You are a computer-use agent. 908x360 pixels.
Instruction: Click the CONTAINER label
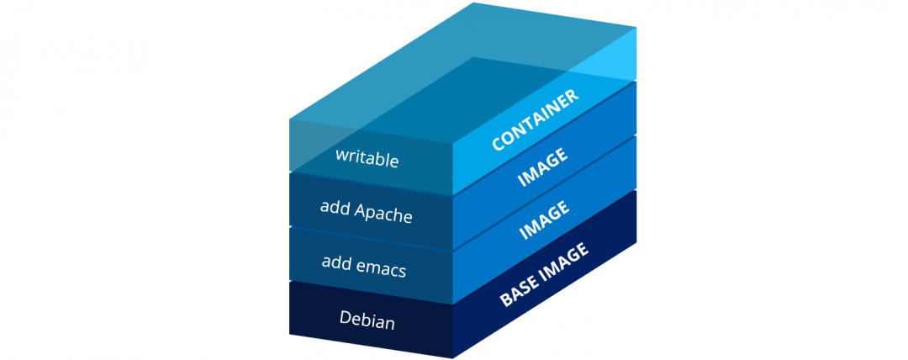point(536,119)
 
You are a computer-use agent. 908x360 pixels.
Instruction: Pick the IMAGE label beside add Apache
point(542,167)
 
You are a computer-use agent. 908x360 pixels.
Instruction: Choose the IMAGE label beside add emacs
point(542,220)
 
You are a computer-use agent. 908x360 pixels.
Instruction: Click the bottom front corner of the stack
point(453,357)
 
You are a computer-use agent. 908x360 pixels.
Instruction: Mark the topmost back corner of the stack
point(475,3)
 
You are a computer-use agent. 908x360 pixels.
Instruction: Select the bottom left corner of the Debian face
point(289,335)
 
